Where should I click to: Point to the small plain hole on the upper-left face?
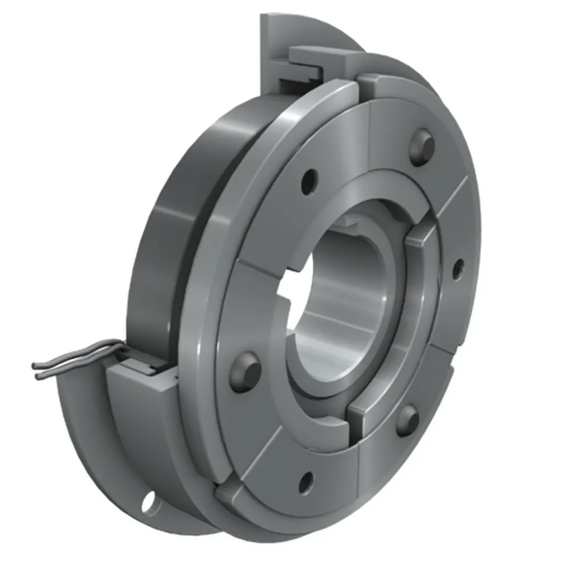pos(309,181)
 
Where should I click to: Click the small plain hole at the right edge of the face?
pos(458,269)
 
